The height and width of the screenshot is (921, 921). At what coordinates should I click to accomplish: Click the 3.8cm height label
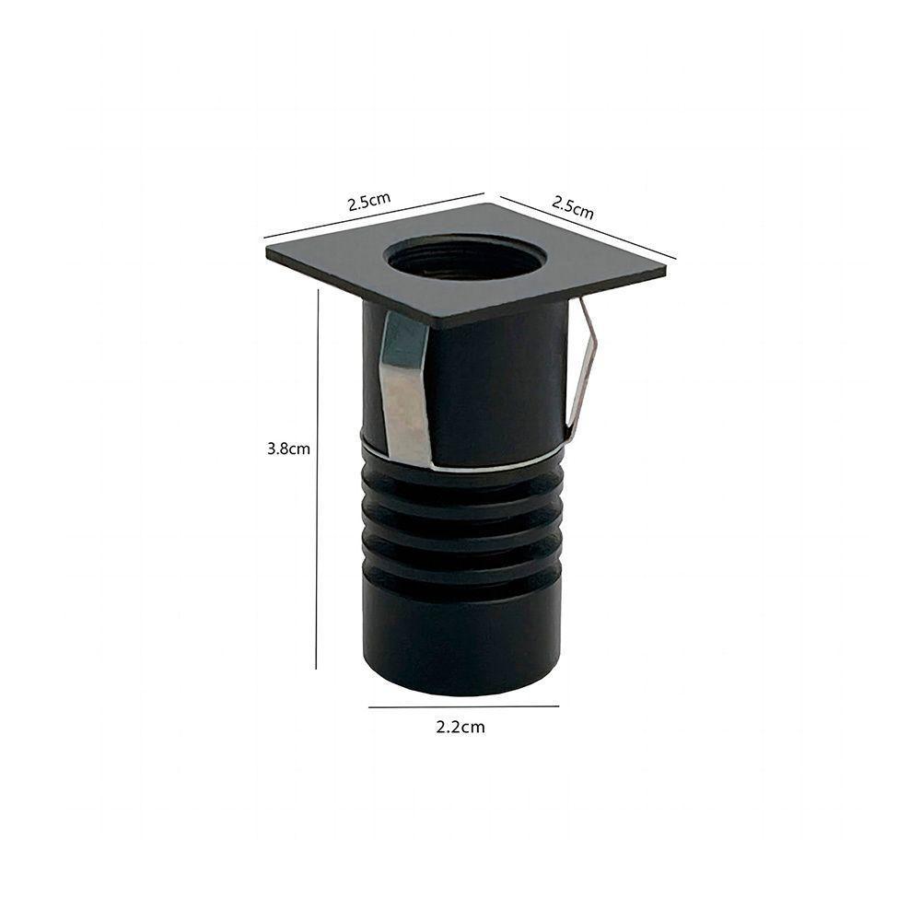287,449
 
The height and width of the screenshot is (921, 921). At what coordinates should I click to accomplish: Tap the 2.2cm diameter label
460,727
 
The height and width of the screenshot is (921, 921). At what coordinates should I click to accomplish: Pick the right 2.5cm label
572,206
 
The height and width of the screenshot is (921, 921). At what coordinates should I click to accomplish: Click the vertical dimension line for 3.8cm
317,479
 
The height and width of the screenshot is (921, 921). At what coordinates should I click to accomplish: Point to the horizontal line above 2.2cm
463,706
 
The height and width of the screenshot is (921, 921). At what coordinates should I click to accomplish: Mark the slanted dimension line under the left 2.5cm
373,216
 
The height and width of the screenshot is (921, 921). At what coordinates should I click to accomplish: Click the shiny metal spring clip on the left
403,387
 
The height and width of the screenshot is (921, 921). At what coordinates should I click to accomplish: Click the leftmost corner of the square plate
268,249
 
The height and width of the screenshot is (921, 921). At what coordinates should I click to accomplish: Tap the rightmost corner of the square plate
665,270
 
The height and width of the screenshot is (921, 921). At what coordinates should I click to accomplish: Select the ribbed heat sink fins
460,534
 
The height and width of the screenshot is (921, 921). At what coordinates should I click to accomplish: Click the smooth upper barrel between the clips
493,387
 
